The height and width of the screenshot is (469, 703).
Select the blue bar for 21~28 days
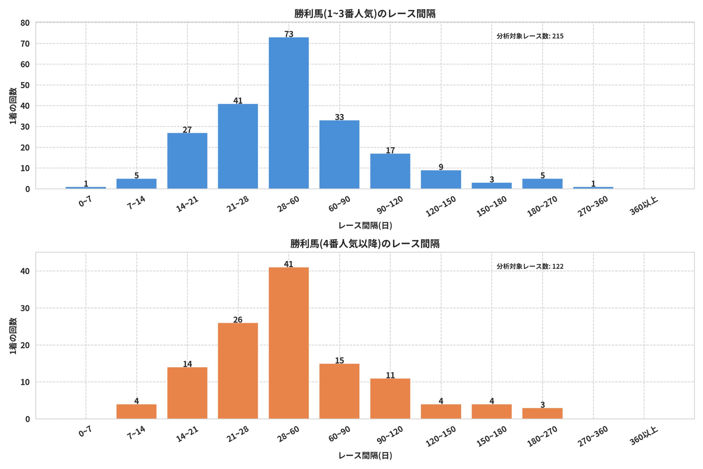pos(238,146)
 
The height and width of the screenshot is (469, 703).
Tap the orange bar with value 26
pos(238,371)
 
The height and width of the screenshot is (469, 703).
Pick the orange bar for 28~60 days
pos(288,343)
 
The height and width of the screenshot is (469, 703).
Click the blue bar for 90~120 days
pos(390,171)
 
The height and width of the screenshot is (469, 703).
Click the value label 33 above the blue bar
pos(339,117)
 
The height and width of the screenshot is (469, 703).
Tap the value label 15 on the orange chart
pos(339,360)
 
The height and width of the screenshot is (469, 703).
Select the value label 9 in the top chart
pos(441,166)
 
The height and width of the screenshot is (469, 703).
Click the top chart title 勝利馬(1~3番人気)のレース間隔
pos(365,14)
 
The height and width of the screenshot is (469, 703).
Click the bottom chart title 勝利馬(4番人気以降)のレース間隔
pos(365,244)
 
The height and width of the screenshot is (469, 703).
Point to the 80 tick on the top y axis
pos(25,23)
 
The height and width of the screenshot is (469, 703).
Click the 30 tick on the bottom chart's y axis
pos(25,308)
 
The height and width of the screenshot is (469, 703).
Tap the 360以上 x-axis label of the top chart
pos(643,206)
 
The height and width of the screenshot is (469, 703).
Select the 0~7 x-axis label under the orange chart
pos(85,432)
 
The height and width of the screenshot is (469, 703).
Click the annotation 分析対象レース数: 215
pos(530,36)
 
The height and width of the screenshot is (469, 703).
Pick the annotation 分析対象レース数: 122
pos(530,266)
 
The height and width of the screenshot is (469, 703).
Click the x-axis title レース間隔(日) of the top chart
pos(365,226)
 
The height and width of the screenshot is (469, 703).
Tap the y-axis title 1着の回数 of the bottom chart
pos(13,336)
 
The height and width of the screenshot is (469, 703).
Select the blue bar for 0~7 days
pos(85,188)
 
